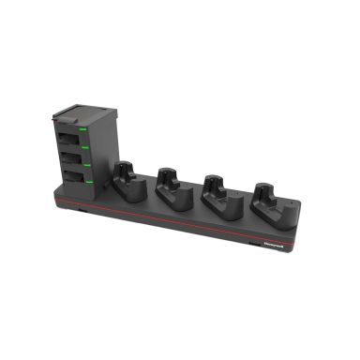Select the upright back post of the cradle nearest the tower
coord(124,172)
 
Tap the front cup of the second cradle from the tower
coord(172,194)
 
